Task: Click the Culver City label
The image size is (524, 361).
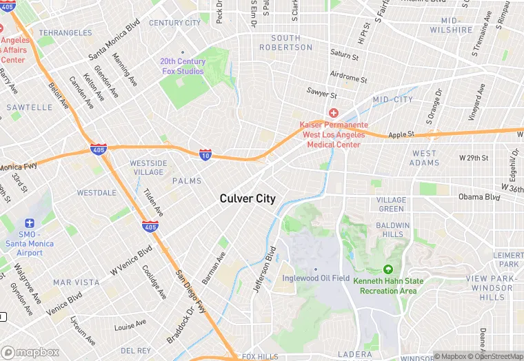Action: tap(248, 198)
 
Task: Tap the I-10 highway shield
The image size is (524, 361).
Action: tap(205, 155)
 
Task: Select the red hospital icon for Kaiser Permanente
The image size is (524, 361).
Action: tap(334, 113)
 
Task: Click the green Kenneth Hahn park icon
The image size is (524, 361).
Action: tap(388, 269)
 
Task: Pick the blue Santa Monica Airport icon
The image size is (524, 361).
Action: tap(28, 223)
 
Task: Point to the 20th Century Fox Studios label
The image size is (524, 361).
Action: tap(183, 66)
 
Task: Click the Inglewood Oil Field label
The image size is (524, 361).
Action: tap(316, 278)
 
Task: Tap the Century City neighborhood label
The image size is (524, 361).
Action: tap(175, 23)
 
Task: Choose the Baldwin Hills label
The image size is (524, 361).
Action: tap(393, 229)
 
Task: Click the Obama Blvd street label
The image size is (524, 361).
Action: tap(478, 197)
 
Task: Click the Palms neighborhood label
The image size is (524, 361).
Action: tap(187, 181)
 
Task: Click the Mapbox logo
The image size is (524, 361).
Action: tap(30, 352)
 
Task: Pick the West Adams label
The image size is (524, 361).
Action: tap(424, 158)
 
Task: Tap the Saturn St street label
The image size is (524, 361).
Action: tap(345, 54)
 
